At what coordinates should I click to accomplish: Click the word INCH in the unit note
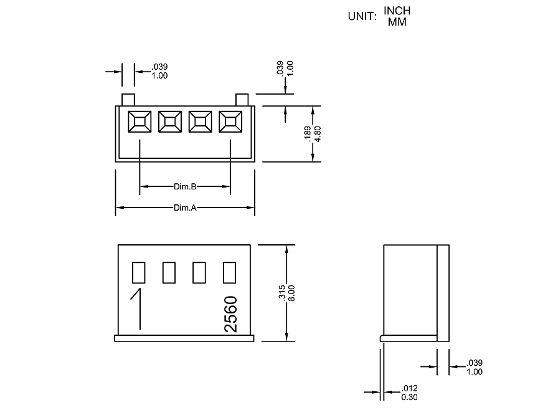[x=397, y=11]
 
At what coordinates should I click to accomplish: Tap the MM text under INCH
[x=397, y=22]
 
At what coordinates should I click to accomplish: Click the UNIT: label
[x=362, y=16]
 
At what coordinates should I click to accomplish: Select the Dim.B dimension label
[x=185, y=186]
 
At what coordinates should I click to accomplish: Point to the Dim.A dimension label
[x=185, y=207]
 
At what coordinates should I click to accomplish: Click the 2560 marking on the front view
[x=231, y=314]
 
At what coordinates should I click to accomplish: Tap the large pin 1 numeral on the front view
[x=137, y=308]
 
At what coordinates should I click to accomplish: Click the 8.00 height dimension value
[x=291, y=293]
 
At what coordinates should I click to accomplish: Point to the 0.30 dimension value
[x=409, y=397]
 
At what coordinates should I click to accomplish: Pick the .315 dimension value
[x=282, y=293]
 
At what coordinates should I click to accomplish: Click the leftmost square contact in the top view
[x=139, y=122]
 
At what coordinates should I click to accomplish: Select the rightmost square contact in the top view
[x=230, y=122]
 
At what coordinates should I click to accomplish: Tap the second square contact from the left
[x=169, y=122]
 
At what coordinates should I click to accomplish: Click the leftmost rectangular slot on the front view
[x=138, y=273]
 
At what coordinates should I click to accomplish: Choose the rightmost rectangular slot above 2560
[x=229, y=273]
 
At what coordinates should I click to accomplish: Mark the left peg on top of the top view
[x=128, y=100]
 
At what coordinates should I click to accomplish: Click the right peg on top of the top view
[x=242, y=100]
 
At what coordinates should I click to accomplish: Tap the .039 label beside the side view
[x=475, y=363]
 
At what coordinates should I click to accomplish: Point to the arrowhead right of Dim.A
[x=250, y=207]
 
